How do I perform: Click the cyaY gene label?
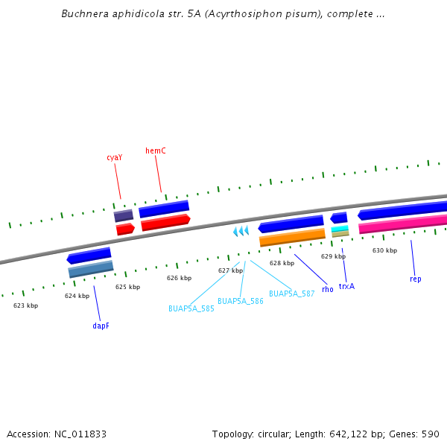(114, 157)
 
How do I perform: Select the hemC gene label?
(156, 150)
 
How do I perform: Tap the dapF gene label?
(101, 326)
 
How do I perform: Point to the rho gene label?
(328, 289)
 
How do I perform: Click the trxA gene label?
(346, 286)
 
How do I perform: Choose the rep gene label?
(415, 279)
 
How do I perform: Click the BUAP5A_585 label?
(191, 308)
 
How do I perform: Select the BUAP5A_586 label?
(241, 302)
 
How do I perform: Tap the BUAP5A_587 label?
(291, 294)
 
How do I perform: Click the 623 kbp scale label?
(25, 305)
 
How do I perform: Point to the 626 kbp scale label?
(179, 278)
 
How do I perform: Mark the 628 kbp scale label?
(282, 263)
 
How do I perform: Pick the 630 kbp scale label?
(384, 250)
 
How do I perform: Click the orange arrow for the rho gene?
(292, 238)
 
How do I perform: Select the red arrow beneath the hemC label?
(165, 223)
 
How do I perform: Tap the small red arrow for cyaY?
(125, 229)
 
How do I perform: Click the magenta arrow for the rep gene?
(402, 223)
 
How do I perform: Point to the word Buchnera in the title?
(84, 14)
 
